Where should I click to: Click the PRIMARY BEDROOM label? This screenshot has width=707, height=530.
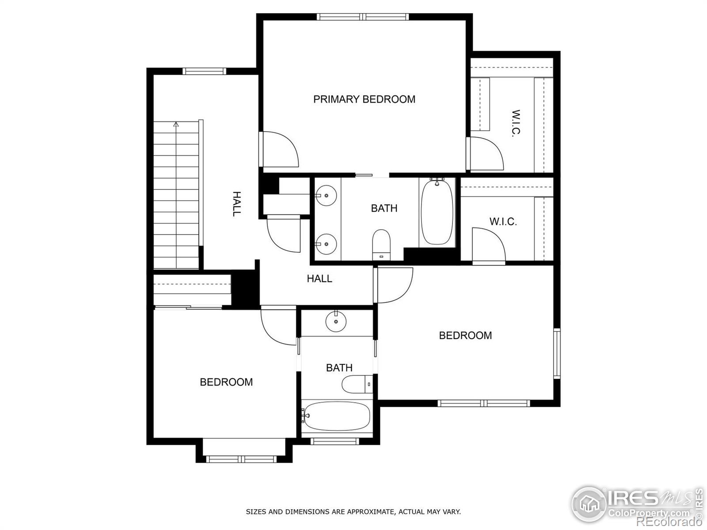click(x=364, y=99)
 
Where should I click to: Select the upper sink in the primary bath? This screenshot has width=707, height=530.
click(x=326, y=195)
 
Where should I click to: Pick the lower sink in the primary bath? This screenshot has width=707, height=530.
click(x=326, y=244)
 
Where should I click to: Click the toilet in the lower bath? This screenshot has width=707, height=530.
click(x=357, y=384)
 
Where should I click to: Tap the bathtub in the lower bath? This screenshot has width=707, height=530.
click(x=337, y=416)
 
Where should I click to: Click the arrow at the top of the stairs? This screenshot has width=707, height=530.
click(x=176, y=125)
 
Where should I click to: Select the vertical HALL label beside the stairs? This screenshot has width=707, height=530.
click(x=237, y=204)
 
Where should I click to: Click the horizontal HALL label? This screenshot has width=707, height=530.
click(x=319, y=279)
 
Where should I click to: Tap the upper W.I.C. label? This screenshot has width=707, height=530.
click(x=515, y=123)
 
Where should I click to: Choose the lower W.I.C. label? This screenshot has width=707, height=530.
click(x=503, y=222)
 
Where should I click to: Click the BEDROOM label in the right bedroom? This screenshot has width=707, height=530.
click(x=465, y=336)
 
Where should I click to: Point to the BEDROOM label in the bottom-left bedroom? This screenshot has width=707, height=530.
click(x=226, y=382)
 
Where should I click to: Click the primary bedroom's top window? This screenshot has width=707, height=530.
click(x=362, y=17)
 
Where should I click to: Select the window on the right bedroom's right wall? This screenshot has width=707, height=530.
click(x=557, y=353)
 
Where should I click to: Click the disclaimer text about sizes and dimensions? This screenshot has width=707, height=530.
click(x=353, y=512)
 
